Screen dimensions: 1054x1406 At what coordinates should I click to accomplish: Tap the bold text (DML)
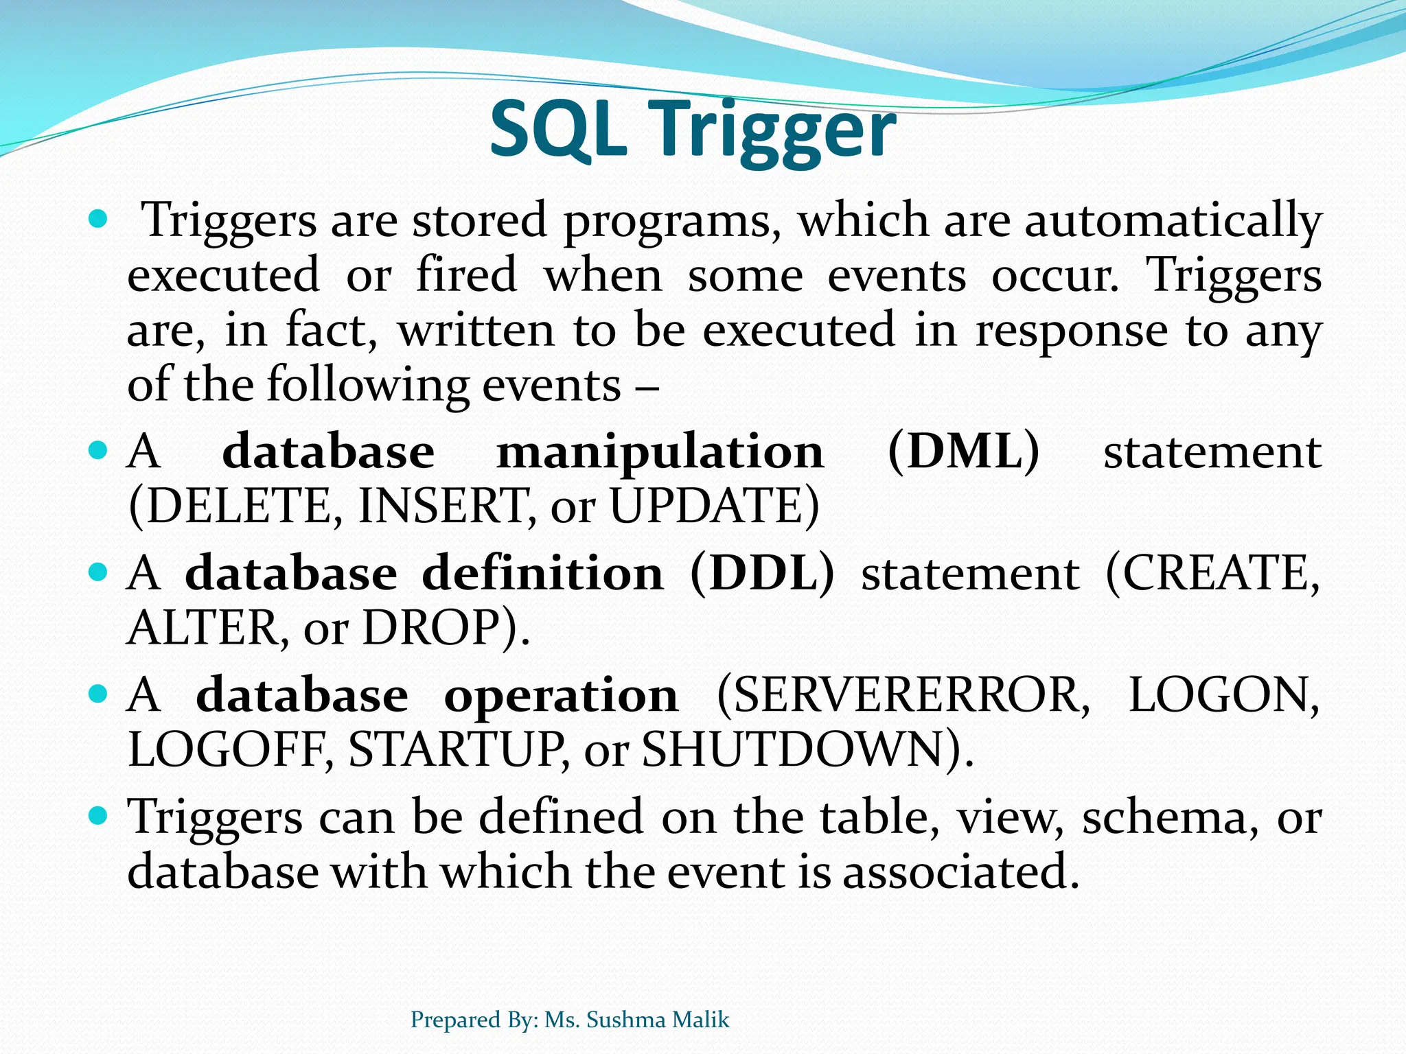[963, 452]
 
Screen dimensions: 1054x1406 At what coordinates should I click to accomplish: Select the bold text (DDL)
[762, 573]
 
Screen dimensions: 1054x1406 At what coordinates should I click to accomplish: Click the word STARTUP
[457, 749]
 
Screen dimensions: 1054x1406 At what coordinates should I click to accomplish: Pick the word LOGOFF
[230, 749]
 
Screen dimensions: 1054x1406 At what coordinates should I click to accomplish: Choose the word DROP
[439, 627]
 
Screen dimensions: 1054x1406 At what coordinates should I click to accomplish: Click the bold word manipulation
[660, 452]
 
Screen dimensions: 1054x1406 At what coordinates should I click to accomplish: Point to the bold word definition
[542, 573]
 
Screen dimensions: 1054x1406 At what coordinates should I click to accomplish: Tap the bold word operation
[561, 696]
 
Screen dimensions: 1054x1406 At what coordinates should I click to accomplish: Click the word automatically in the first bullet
[1173, 221]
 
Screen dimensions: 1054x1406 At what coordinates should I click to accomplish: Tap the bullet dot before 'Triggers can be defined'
[99, 816]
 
